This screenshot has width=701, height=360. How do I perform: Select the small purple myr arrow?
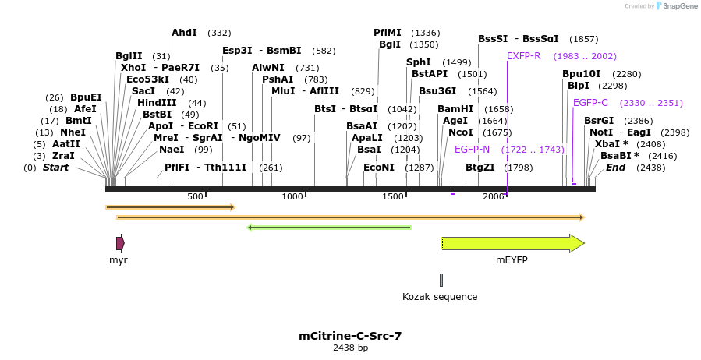120,243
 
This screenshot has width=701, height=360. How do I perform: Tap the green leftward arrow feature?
328,228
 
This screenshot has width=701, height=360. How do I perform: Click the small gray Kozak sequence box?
441,280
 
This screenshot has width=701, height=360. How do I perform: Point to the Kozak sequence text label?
440,297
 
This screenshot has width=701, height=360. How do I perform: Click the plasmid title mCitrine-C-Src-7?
350,336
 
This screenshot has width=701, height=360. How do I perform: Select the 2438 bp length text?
350,348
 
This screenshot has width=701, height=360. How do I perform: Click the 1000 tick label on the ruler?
292,196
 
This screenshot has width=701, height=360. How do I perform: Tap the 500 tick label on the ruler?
195,196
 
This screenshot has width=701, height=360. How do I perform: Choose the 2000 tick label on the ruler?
493,196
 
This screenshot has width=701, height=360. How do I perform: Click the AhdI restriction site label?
185,33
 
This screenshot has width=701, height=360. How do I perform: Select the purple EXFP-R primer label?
523,56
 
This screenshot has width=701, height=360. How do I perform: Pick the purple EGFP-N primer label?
472,149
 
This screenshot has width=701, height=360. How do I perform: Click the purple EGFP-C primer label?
590,103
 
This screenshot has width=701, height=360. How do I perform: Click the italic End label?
615,168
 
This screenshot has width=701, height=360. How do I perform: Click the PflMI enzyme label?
388,33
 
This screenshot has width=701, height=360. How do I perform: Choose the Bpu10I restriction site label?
582,74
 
